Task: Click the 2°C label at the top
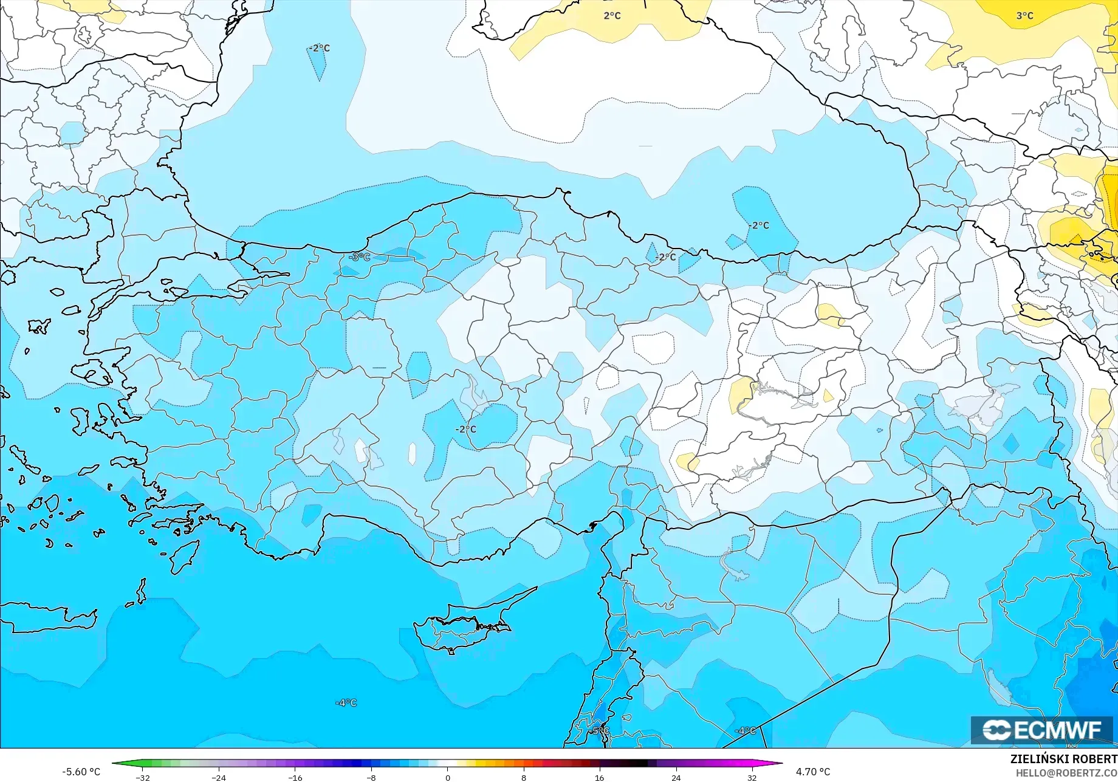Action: [x=612, y=15]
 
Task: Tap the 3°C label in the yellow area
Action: [x=1024, y=15]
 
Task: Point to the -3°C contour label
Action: [x=359, y=257]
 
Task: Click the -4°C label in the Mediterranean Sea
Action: [x=346, y=702]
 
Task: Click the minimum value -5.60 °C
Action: [x=81, y=772]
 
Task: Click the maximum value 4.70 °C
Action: [x=812, y=772]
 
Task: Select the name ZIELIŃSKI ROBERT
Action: [x=1063, y=759]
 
